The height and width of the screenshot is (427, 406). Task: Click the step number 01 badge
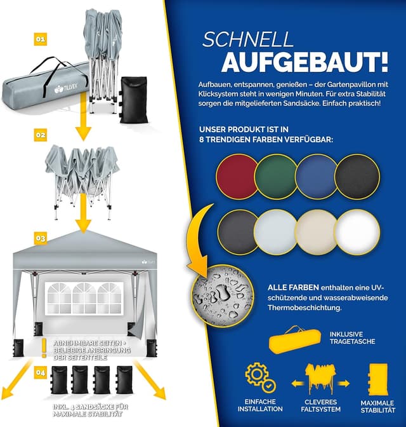(x=40, y=39)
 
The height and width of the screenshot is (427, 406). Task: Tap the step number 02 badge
(x=40, y=135)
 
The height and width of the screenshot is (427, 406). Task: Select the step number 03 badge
(x=40, y=238)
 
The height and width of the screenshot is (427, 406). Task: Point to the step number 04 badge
(x=40, y=372)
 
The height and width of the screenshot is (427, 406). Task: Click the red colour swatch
(x=237, y=177)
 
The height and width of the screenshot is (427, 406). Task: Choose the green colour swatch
(x=277, y=177)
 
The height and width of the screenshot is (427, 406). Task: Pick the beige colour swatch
(x=317, y=233)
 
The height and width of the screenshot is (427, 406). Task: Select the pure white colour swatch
(x=357, y=232)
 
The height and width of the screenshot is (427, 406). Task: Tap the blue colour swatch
(x=317, y=177)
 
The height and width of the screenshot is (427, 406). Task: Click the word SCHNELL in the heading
(x=247, y=40)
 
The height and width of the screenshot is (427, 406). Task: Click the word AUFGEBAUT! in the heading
(x=305, y=62)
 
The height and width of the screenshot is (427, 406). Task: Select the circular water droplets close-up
(x=223, y=297)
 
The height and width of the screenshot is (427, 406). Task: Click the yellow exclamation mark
(x=44, y=348)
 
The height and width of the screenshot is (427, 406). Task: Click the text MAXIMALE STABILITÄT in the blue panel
(x=377, y=406)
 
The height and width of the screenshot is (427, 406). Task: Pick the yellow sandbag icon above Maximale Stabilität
(x=377, y=379)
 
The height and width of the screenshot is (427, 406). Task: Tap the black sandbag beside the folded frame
(x=134, y=99)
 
